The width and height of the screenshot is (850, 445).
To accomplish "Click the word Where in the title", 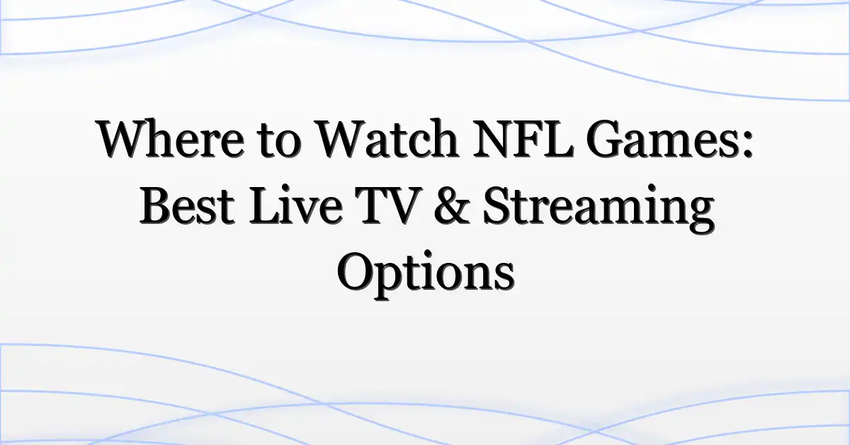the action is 171,139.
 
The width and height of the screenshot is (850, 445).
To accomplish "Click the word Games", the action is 661,140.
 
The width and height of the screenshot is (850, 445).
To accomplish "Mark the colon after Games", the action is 747,145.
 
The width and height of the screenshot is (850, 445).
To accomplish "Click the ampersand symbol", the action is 452,205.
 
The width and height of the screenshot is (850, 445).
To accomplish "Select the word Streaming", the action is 599,209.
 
